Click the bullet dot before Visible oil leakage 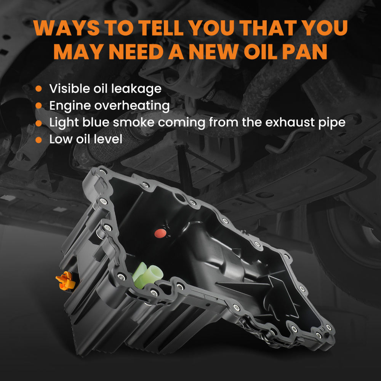tap(38, 89)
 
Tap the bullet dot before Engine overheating tap(38, 106)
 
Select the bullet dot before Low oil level tap(38, 139)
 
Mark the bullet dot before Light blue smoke tap(38, 123)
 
